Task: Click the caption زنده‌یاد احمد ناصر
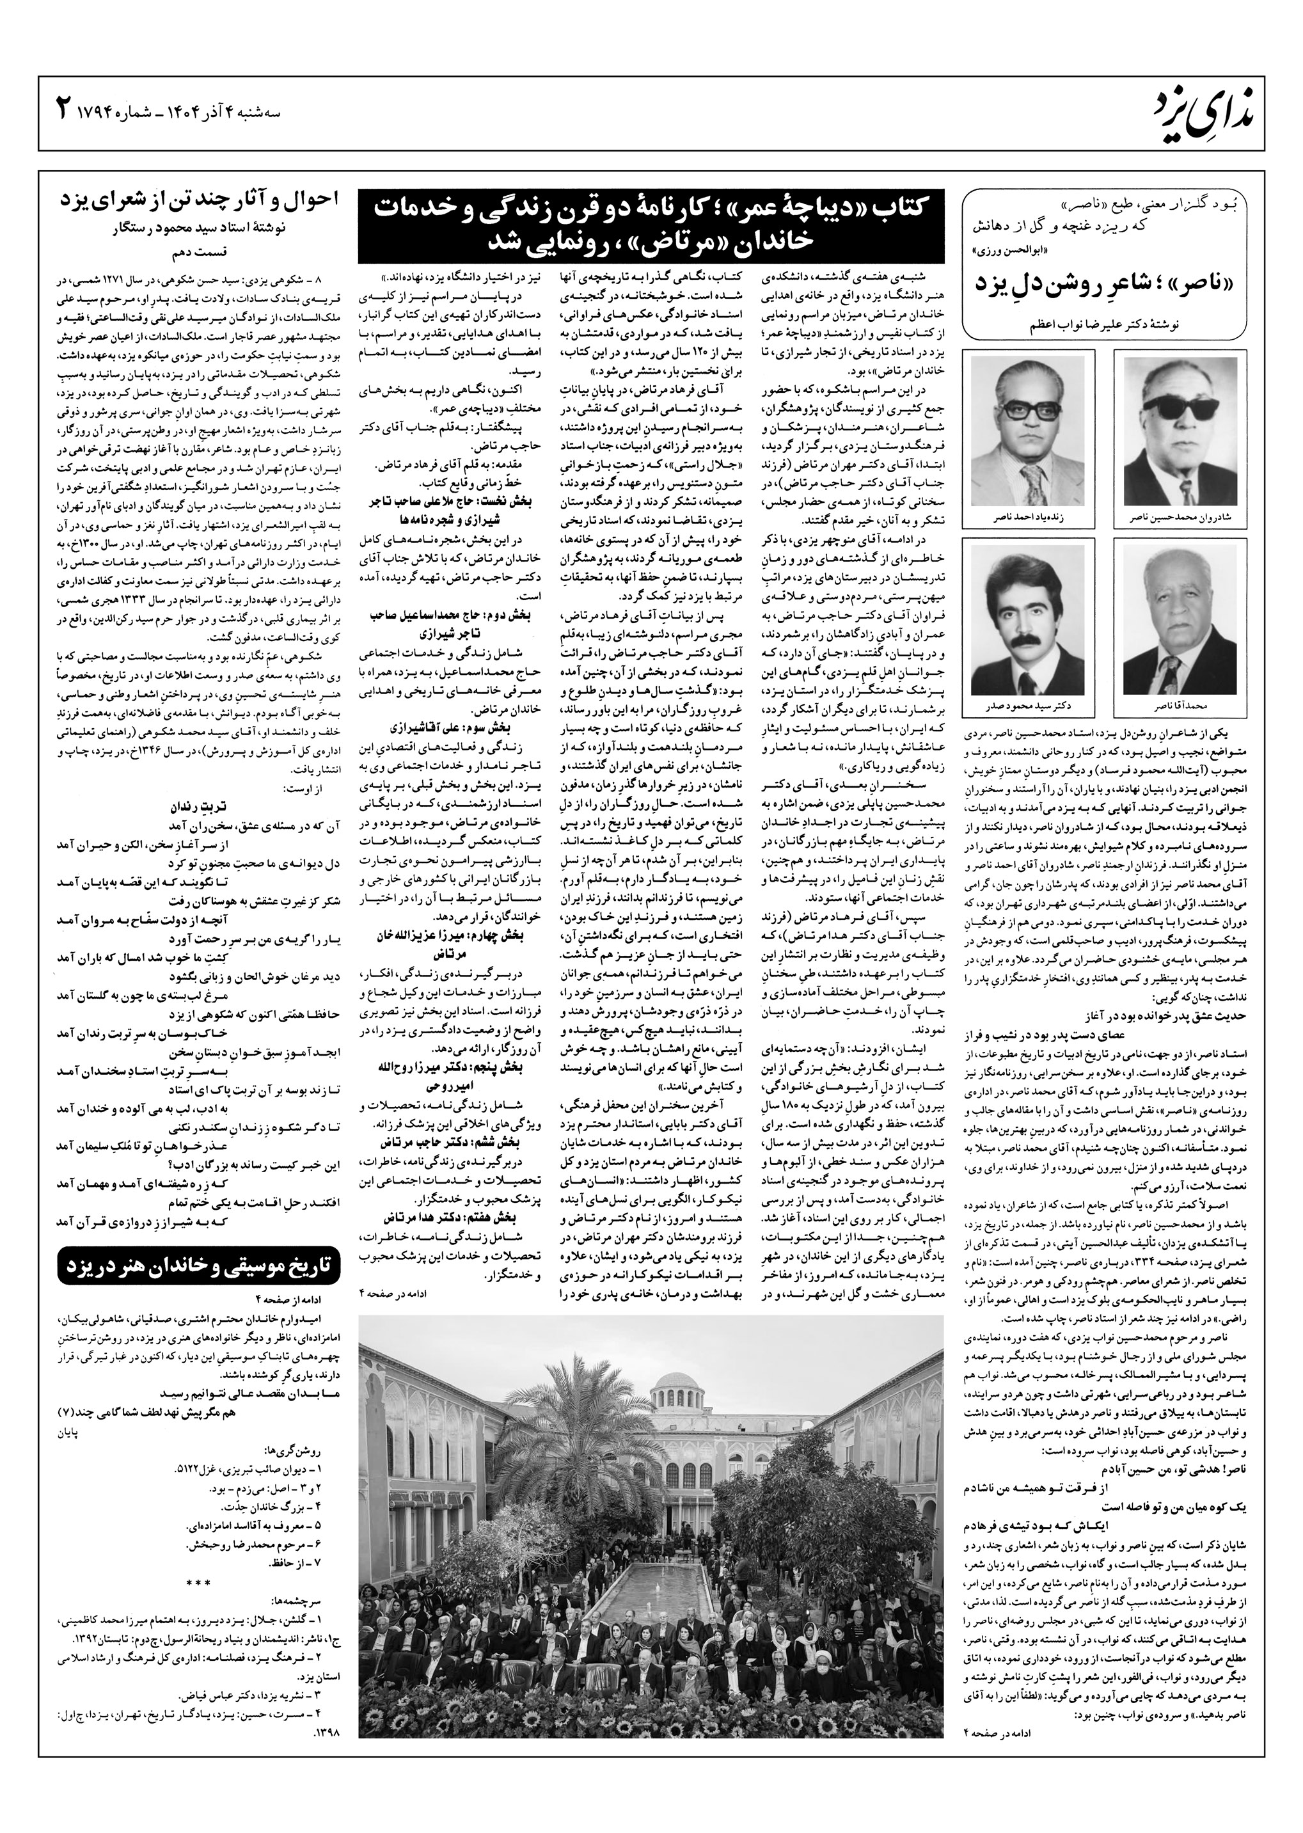point(1028,518)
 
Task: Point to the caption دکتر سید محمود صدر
point(1028,707)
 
